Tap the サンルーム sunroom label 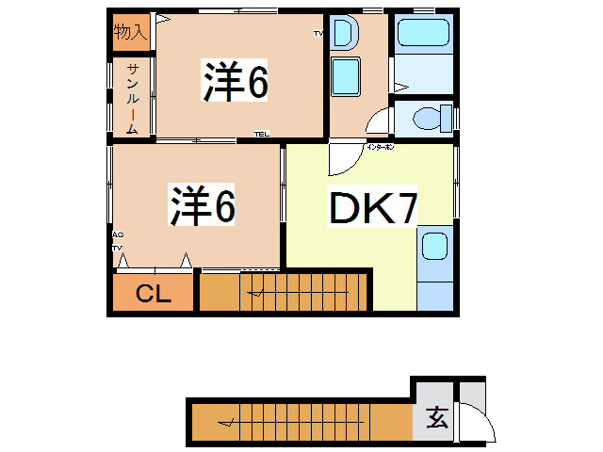click(x=133, y=98)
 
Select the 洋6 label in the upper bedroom click(x=236, y=82)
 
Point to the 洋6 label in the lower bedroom click(x=202, y=205)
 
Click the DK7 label click(x=372, y=208)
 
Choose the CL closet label click(x=153, y=294)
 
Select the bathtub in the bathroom click(x=424, y=33)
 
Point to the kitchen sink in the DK click(x=434, y=247)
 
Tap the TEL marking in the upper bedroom click(x=261, y=134)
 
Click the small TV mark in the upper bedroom click(x=318, y=34)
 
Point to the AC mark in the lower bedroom click(x=117, y=235)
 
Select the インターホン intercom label click(x=380, y=148)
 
